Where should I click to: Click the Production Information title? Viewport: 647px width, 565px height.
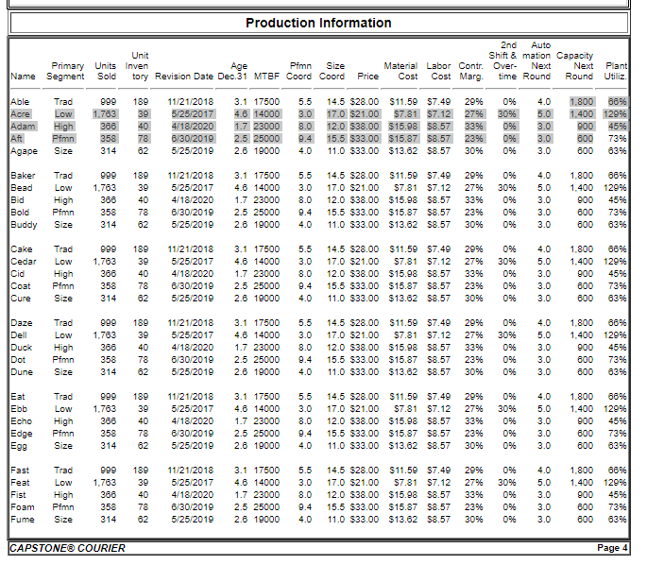[318, 23]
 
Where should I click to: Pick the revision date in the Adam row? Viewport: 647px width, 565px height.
[191, 126]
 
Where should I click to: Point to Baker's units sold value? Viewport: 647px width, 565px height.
[106, 176]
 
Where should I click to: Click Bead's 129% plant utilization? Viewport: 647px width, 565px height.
[617, 188]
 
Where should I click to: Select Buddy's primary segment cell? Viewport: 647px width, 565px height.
[63, 225]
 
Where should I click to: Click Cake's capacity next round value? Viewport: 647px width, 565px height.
[580, 249]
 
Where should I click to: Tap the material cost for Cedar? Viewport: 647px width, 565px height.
[402, 262]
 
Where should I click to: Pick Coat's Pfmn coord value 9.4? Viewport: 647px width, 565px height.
[304, 286]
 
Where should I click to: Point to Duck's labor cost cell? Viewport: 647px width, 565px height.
[439, 348]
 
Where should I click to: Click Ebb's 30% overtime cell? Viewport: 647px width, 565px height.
[506, 409]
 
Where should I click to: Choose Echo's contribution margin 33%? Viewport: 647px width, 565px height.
[474, 421]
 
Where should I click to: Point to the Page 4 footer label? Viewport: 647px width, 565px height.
[612, 548]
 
